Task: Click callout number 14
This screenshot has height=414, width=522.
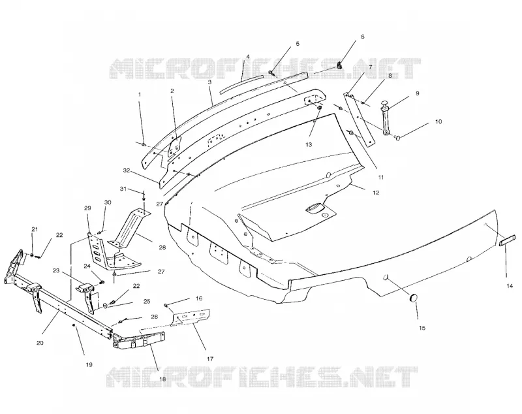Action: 510,286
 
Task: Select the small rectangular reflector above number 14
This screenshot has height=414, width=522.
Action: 508,240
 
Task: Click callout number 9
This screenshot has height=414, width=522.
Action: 418,93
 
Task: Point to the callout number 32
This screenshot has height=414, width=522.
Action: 126,170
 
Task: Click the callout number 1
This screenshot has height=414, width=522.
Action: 140,95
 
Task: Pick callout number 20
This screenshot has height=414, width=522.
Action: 40,343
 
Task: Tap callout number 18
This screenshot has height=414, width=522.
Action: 162,379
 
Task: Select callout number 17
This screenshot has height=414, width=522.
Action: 209,358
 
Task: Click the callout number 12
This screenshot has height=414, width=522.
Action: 376,193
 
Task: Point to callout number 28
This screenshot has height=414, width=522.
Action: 162,247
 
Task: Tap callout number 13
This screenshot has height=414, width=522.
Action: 309,144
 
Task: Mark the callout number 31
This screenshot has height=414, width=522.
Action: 123,189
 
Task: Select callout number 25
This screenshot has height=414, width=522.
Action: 147,302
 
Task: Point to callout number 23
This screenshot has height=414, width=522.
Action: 56,271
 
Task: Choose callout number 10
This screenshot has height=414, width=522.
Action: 438,121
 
